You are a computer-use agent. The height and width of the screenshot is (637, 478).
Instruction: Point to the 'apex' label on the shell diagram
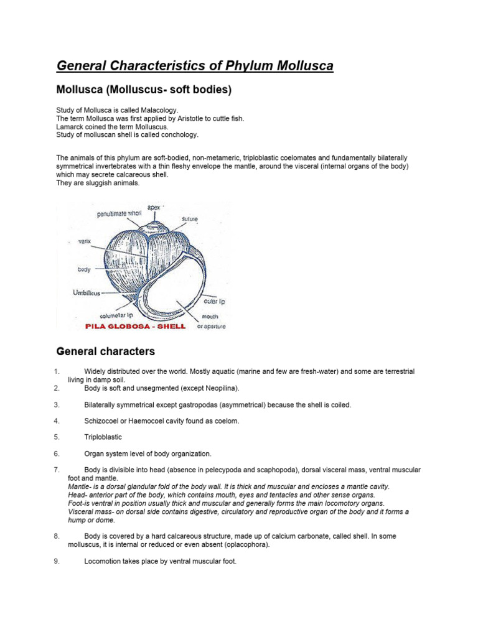coord(154,207)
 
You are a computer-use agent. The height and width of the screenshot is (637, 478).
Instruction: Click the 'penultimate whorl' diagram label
coord(120,214)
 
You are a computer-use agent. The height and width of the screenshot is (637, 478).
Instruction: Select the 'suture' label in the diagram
coord(190,219)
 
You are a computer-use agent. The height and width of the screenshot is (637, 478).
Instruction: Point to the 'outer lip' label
coord(214,301)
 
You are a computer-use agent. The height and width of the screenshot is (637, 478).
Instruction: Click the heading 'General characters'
coord(105,351)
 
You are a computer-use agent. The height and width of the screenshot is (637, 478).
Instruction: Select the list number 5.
coord(56,437)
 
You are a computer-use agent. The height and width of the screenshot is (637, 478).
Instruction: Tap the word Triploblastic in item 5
coord(103,437)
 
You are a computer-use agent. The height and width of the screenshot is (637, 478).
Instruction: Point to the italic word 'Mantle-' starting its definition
coord(80,486)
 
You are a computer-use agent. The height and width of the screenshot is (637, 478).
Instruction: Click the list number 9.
coord(56,560)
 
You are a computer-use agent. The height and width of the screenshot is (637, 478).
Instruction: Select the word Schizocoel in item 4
coord(103,421)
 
